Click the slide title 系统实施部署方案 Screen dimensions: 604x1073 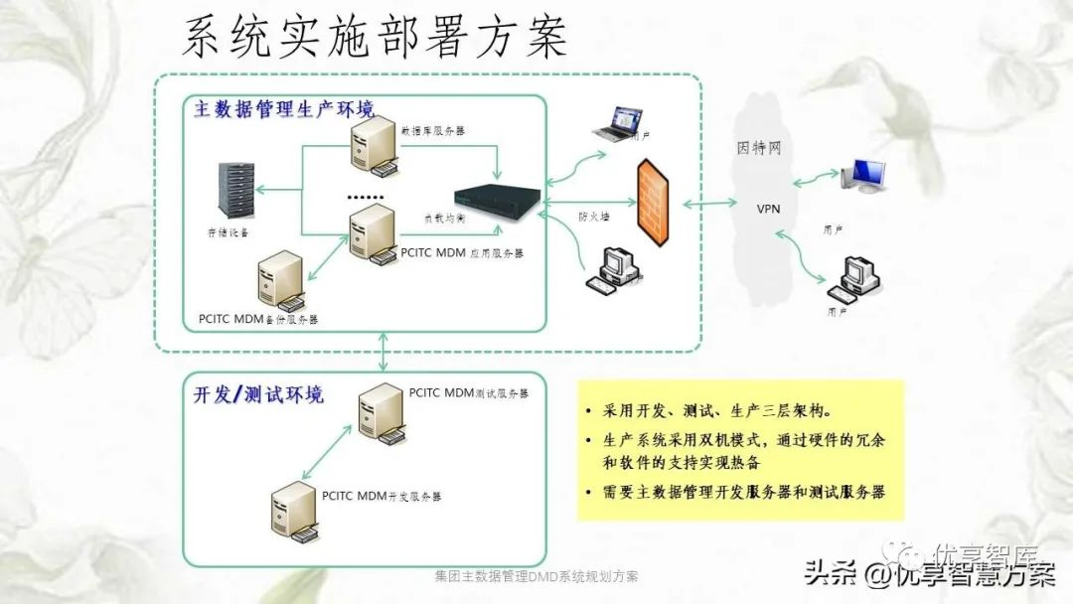click(375, 38)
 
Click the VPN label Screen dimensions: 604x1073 click(770, 210)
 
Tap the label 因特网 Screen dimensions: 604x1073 click(760, 149)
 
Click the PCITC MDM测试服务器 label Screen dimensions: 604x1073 click(469, 393)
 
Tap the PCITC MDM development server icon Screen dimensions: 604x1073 click(292, 512)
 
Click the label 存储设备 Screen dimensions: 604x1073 click(228, 232)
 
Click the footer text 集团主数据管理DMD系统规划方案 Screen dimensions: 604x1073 click(536, 576)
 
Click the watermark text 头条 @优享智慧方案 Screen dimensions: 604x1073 click(929, 573)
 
